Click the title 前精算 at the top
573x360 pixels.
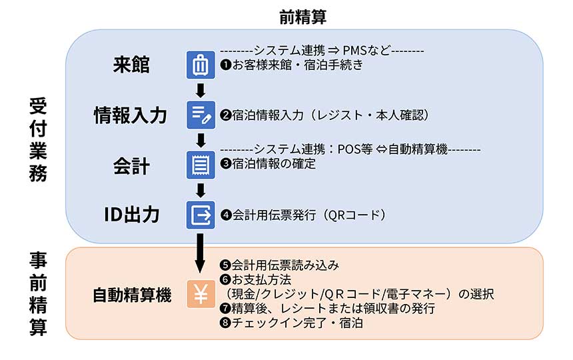(x=302, y=17)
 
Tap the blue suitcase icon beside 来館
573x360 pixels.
(x=201, y=65)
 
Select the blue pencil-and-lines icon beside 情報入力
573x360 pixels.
(x=201, y=115)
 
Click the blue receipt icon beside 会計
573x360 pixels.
(x=201, y=165)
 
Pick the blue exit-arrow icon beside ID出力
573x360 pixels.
(x=201, y=215)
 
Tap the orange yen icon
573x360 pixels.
(x=201, y=294)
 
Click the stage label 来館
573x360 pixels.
(x=131, y=65)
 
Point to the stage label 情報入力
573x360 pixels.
(x=131, y=115)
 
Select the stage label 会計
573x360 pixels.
(x=131, y=165)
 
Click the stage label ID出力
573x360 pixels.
(x=131, y=215)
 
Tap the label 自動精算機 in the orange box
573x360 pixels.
(x=132, y=295)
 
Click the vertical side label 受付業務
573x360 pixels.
(x=38, y=140)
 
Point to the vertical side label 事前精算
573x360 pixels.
(x=38, y=293)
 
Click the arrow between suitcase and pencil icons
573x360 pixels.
(x=201, y=91)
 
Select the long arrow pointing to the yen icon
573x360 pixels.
(x=200, y=253)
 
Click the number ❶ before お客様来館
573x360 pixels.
(x=225, y=65)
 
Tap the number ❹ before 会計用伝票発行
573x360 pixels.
(x=226, y=215)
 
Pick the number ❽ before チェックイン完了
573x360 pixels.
(x=225, y=323)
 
